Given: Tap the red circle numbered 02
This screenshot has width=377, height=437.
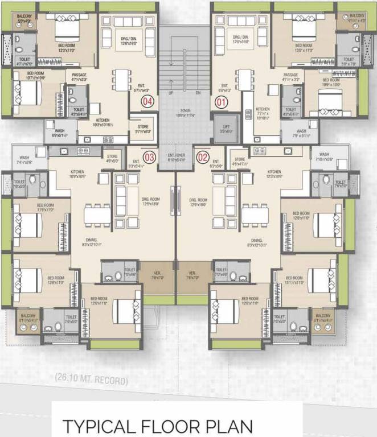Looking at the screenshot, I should [202, 156].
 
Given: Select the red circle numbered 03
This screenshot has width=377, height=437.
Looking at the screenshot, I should [150, 156].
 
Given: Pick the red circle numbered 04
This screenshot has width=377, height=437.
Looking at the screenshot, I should [147, 102].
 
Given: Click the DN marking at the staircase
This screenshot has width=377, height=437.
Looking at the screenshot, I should [198, 92].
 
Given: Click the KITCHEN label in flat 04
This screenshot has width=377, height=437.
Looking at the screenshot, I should [103, 121].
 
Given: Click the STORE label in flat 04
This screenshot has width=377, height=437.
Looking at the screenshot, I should [138, 128].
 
